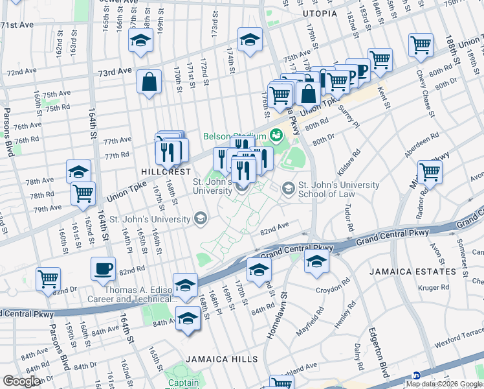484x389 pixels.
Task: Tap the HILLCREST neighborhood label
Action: [166, 172]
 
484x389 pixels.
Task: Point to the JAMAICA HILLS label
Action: [221, 359]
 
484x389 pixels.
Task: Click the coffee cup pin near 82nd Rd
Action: [104, 268]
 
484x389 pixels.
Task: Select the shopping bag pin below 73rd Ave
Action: [149, 82]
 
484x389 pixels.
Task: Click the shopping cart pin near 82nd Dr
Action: [48, 278]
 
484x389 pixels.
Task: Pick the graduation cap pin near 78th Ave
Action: [78, 171]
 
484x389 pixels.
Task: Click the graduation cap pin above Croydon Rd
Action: [316, 261]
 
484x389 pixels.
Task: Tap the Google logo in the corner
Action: [22, 381]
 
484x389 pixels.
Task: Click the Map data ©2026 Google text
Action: [444, 384]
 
